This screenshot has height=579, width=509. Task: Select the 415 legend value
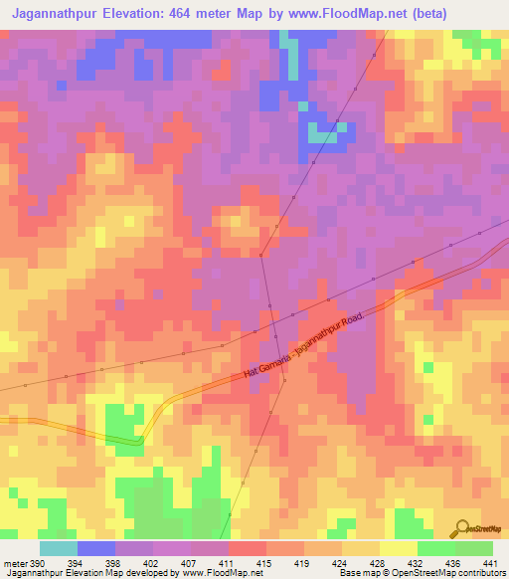[x=265, y=564]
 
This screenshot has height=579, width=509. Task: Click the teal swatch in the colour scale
[x=59, y=548]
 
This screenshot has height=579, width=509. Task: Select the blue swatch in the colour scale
[x=96, y=548]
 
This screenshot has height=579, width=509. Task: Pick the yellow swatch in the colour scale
[x=399, y=548]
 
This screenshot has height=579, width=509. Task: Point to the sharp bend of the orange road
[x=140, y=439]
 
